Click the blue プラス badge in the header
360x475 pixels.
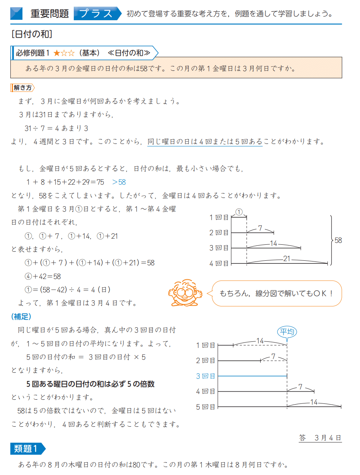click(x=97, y=14)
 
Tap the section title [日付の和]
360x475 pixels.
click(x=32, y=34)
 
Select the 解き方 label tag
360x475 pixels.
click(x=22, y=88)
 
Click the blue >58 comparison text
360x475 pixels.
click(x=119, y=182)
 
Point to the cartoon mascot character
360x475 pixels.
click(x=183, y=293)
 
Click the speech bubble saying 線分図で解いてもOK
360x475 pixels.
click(x=276, y=293)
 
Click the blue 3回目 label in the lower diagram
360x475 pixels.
click(x=205, y=376)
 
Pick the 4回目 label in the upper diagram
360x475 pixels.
click(x=219, y=263)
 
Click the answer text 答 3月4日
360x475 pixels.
click(x=320, y=438)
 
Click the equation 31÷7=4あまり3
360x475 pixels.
click(x=56, y=128)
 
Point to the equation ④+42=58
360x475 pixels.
click(x=42, y=276)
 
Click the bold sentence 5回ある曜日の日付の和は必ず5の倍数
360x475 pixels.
click(x=90, y=384)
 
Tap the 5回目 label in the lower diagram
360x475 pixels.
click(x=205, y=407)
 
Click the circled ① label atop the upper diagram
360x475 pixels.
click(x=239, y=212)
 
